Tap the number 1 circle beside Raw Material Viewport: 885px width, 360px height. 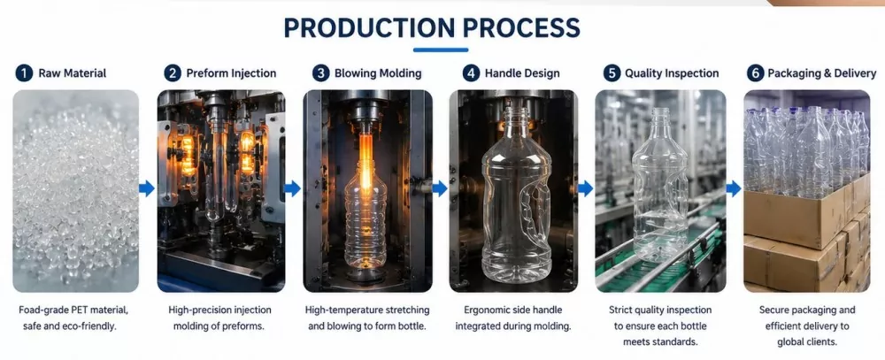24,73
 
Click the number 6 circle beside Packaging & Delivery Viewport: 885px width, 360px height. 755,73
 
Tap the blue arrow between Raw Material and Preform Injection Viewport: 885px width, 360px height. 147,188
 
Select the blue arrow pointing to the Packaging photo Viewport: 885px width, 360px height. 733,188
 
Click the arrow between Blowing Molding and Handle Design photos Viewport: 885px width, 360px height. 440,188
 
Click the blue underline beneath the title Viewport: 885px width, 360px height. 440,50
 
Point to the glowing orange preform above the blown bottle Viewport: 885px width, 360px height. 366,152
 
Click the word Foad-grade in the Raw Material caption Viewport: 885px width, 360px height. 42,310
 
